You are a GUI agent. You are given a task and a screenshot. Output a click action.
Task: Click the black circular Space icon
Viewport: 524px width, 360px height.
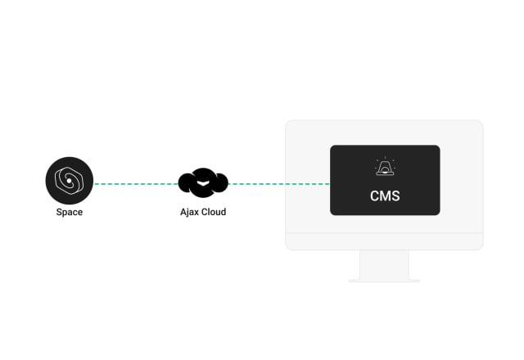tap(70, 181)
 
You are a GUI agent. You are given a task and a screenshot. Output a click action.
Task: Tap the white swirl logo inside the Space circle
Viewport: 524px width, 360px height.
tap(69, 181)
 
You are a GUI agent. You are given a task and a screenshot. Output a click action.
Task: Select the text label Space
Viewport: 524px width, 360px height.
tap(70, 212)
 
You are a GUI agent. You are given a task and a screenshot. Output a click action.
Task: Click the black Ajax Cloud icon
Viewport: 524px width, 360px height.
tap(203, 182)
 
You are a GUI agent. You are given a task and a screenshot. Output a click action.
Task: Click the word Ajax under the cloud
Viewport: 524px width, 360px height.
tap(189, 212)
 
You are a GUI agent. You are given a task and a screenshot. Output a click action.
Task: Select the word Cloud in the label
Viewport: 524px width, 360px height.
tap(213, 212)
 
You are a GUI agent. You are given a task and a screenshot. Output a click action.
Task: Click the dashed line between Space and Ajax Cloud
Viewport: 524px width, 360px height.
tap(136, 184)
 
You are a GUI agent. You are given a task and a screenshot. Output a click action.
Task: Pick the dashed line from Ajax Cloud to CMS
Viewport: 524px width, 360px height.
tap(278, 184)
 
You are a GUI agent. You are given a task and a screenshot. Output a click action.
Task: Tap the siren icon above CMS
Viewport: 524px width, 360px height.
tap(384, 169)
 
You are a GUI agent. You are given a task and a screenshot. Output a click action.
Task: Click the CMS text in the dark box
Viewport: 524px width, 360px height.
tap(385, 197)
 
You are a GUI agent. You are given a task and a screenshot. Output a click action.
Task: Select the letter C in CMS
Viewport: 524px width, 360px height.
tap(374, 197)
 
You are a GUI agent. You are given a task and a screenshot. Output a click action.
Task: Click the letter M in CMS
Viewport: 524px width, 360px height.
tap(385, 197)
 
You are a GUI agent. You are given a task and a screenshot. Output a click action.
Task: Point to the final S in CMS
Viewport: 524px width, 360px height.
tap(395, 197)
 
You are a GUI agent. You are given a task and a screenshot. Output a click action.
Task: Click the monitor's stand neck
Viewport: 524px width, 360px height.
tap(384, 264)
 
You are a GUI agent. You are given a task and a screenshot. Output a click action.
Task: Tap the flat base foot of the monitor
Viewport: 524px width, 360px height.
tap(384, 281)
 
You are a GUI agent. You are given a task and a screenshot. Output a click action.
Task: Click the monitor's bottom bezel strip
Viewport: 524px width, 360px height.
tap(384, 241)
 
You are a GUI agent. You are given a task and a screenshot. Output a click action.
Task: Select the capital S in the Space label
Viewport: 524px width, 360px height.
tap(59, 212)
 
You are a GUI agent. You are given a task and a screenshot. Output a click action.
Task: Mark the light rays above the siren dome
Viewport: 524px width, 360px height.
tap(384, 160)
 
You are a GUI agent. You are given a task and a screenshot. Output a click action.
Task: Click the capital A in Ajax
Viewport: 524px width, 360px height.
tap(183, 212)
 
